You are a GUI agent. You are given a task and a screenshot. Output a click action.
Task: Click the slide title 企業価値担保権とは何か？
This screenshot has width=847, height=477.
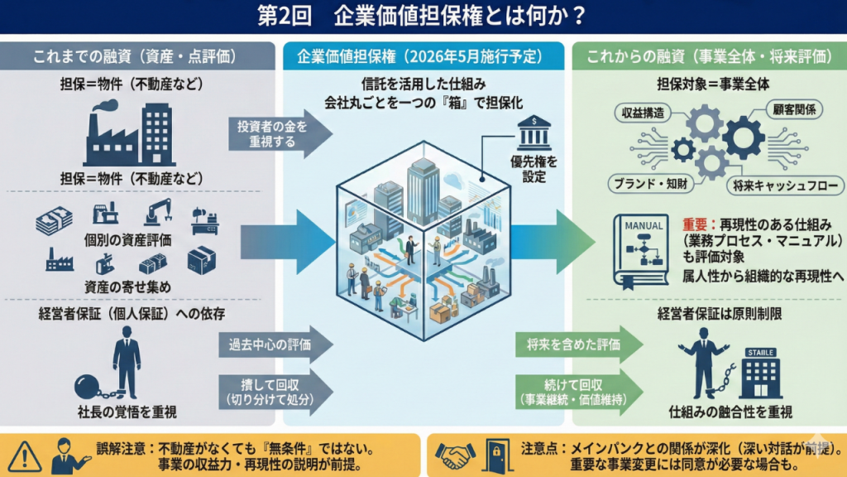[423, 17]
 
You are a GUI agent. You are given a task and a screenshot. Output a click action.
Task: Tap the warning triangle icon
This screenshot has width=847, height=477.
[25, 455]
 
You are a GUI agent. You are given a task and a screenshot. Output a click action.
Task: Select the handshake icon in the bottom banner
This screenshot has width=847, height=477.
[456, 455]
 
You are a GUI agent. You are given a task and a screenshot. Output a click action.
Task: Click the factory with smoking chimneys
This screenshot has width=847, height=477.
[105, 137]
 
